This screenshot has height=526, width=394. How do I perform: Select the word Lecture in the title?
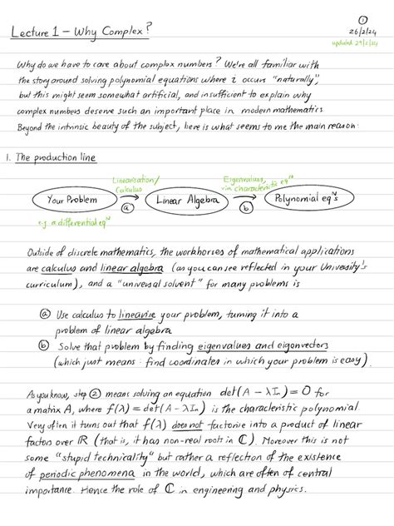click(31, 32)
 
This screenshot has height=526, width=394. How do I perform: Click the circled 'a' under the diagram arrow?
click(126, 211)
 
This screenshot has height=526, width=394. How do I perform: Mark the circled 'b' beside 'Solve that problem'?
click(45, 345)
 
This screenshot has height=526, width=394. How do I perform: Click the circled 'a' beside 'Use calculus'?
click(45, 315)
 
